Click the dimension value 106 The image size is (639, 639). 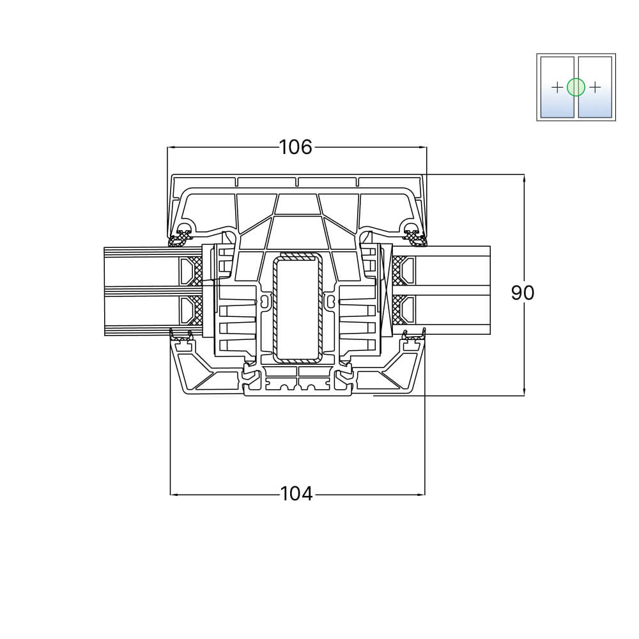click(x=295, y=147)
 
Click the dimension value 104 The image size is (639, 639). click(x=296, y=494)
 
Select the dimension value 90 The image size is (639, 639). click(x=523, y=293)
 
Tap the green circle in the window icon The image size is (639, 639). click(x=576, y=87)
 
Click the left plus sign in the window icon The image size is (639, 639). click(x=557, y=87)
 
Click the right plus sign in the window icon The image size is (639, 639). click(x=595, y=87)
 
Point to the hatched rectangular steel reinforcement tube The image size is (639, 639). click(x=298, y=308)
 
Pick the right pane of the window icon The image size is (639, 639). click(x=595, y=87)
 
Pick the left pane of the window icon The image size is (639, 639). click(x=557, y=87)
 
